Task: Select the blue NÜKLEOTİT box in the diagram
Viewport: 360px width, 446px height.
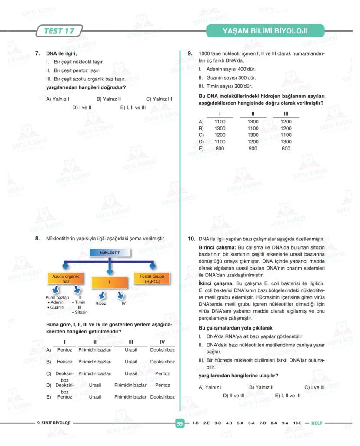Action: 110,252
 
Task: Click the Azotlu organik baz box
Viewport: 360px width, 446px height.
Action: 66,279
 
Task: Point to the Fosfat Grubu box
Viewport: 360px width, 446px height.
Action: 152,279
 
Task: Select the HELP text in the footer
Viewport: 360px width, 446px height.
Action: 317,423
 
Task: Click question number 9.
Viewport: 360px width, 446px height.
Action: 190,53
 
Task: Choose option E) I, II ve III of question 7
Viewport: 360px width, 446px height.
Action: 133,107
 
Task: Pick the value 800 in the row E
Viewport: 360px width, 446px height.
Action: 220,148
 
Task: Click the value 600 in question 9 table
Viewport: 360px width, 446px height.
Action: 286,148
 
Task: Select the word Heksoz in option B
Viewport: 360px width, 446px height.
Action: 65,362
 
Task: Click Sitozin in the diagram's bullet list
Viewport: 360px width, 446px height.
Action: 81,313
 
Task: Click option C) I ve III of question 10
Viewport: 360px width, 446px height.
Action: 314,387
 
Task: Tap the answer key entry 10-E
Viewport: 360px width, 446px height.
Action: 297,423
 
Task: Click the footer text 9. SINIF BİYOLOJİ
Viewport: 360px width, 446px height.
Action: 54,423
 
